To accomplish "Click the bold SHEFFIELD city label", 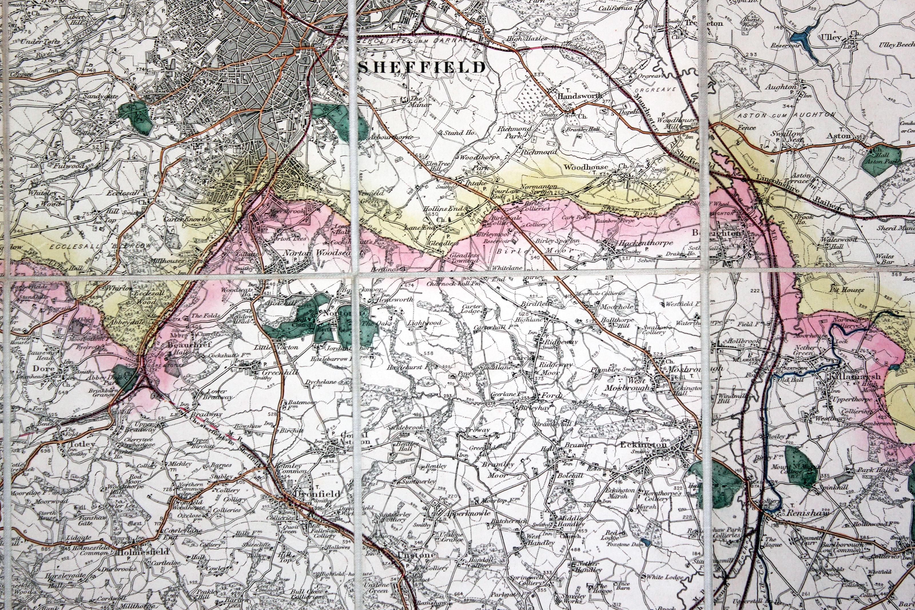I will pos(422,67).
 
